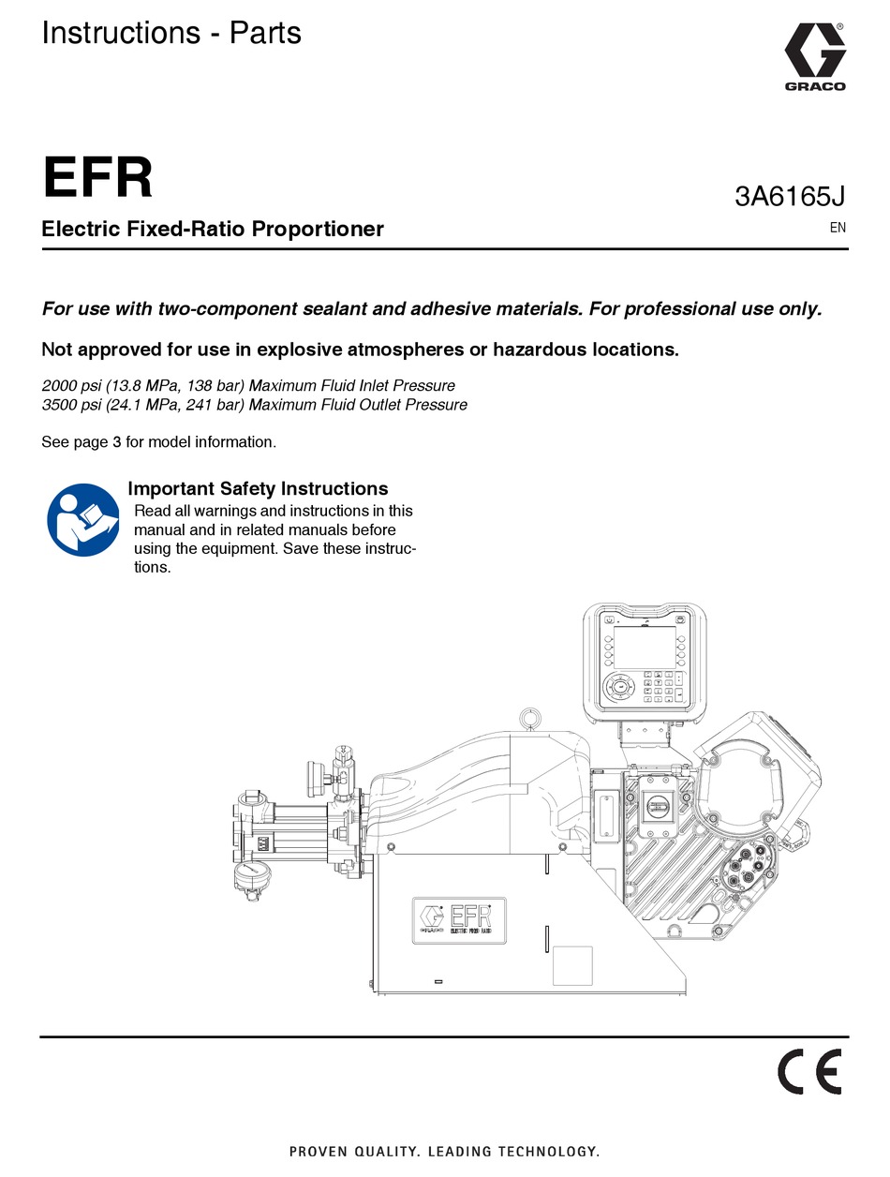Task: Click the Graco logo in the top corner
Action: [x=814, y=57]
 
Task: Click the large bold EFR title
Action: [x=97, y=177]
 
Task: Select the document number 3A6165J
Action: [x=789, y=196]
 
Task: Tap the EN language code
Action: [x=838, y=228]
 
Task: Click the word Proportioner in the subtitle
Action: [x=318, y=229]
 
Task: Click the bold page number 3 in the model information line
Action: [x=117, y=442]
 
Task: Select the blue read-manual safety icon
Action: [x=83, y=519]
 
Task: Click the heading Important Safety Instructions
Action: [x=258, y=488]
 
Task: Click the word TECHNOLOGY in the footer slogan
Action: [x=548, y=1152]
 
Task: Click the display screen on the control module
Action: [x=644, y=648]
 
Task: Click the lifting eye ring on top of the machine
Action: [x=530, y=719]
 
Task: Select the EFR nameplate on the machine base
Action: [x=459, y=920]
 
